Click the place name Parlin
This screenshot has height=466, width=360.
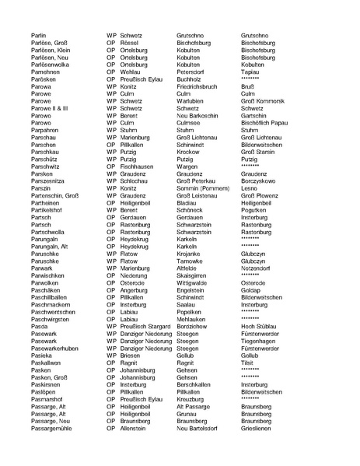[40, 36]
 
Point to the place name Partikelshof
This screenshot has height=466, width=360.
[50, 209]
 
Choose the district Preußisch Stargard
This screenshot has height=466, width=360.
[147, 325]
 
